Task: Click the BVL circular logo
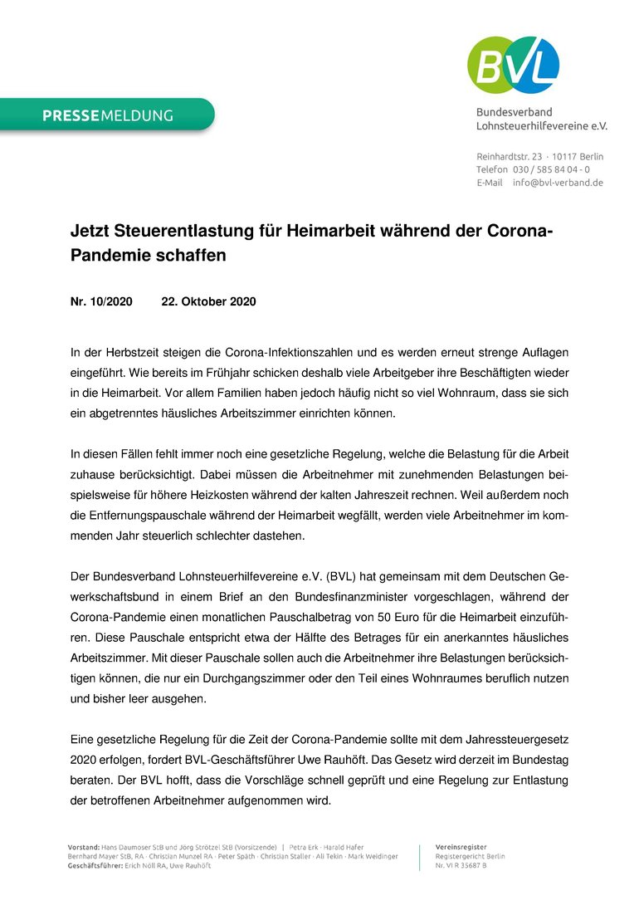click(513, 65)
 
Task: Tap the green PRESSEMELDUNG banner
click(107, 115)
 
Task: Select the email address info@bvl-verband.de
click(558, 183)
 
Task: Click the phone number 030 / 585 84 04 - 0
click(551, 169)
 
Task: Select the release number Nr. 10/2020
click(101, 301)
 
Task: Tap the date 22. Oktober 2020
click(208, 301)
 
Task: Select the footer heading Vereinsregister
click(461, 847)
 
